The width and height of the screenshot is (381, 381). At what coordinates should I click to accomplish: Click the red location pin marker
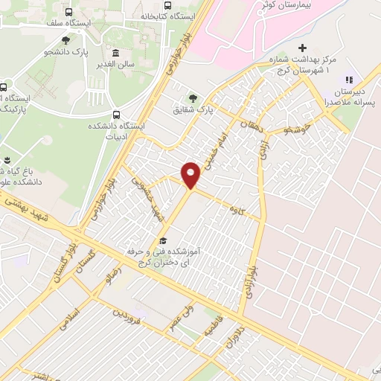[192, 174]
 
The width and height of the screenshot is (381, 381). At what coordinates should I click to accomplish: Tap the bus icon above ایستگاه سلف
[69, 12]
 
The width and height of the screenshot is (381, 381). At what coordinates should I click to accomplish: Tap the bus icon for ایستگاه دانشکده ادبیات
[115, 115]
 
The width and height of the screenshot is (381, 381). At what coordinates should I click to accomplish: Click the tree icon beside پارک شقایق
[194, 97]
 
